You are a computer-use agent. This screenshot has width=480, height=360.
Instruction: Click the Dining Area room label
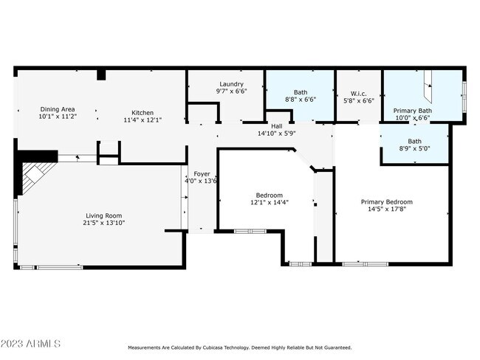point(58,108)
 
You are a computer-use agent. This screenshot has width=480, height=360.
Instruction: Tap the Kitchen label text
point(143,112)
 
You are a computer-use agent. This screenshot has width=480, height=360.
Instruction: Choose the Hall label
point(276,126)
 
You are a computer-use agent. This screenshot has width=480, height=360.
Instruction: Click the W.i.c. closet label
point(359,94)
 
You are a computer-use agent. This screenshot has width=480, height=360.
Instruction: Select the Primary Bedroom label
point(386,201)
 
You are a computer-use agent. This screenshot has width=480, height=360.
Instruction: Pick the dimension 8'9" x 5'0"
point(415,149)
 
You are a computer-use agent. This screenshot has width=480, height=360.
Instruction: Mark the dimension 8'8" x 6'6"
point(301,100)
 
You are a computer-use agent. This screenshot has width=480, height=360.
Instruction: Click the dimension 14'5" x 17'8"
point(386,209)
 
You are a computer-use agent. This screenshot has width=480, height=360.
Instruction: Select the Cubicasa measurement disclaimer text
point(240,347)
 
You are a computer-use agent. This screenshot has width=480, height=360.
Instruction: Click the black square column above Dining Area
point(101,75)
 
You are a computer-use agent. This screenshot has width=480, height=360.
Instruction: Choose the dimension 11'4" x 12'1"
point(143,120)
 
